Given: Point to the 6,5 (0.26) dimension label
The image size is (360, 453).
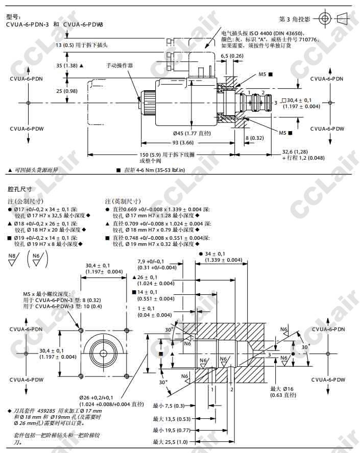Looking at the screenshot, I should click(232, 56).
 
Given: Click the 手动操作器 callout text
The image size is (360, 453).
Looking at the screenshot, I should click(119, 66).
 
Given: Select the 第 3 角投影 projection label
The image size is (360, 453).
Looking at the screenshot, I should click(295, 19).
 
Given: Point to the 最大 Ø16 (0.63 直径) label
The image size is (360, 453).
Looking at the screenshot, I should click(283, 391).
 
